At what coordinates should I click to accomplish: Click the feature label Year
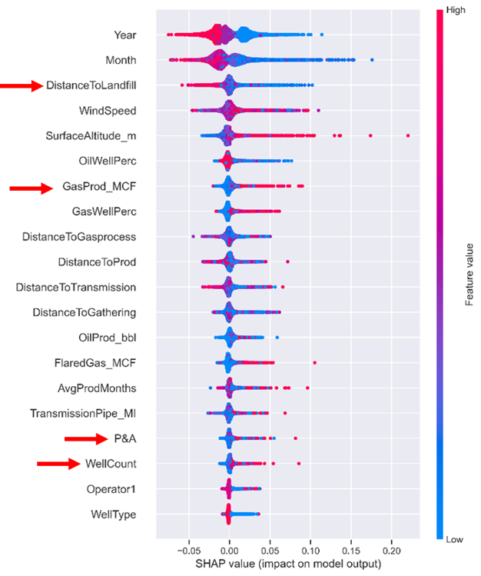124,35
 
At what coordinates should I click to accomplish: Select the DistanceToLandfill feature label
91,85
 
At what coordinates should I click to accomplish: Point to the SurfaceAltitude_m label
91,136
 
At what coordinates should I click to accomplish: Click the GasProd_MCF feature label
99,187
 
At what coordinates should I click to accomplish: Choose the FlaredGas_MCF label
99,363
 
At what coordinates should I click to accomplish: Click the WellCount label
110,464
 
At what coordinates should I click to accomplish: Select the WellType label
112,514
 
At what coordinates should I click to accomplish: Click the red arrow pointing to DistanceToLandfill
21,86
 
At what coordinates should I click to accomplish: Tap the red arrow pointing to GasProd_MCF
30,187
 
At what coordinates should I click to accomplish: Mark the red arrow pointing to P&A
85,439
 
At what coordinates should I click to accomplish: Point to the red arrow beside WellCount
58,464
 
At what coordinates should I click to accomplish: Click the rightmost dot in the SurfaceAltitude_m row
408,135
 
